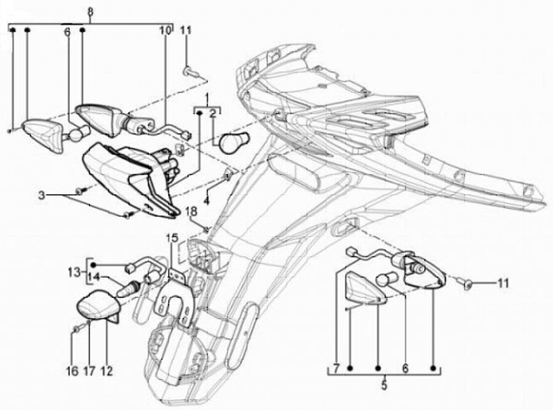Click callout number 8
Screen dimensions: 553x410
coord(90,12)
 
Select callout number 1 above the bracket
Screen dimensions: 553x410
coord(205,98)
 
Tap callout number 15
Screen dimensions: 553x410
coord(172,239)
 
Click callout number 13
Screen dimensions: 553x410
coord(74,271)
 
